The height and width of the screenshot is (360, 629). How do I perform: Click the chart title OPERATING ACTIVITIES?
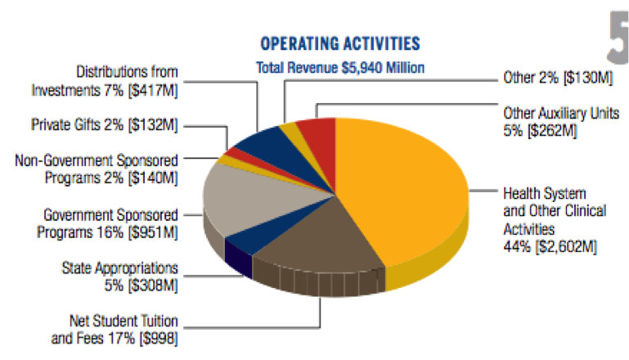tap(340, 43)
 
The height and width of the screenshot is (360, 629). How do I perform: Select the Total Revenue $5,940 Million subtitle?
tap(340, 68)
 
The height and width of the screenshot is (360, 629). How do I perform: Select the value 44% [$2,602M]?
tap(548, 244)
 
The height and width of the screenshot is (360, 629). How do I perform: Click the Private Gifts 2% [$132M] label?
tap(106, 124)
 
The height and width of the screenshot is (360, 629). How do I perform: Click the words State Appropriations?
tap(120, 268)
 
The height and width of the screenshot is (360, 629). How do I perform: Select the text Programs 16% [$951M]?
tap(107, 232)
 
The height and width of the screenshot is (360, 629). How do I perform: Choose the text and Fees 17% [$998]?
tap(114, 337)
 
